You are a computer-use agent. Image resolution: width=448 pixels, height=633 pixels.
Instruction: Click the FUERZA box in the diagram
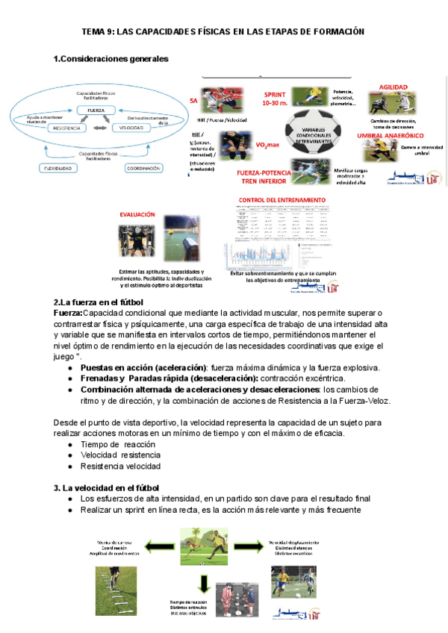[96, 110]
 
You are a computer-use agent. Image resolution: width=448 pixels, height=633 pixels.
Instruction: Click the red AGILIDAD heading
[393, 87]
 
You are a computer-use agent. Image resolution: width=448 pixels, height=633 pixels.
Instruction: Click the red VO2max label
[267, 145]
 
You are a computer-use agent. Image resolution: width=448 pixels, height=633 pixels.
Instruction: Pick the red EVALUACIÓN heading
[137, 214]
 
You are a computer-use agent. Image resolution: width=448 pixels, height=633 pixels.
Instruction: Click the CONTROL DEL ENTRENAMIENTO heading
[281, 200]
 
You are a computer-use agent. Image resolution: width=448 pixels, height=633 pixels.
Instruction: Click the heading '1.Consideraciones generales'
[111, 58]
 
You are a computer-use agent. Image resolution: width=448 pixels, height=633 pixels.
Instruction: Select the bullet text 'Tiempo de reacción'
[113, 444]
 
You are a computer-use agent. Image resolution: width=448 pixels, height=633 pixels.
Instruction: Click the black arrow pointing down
[203, 581]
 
